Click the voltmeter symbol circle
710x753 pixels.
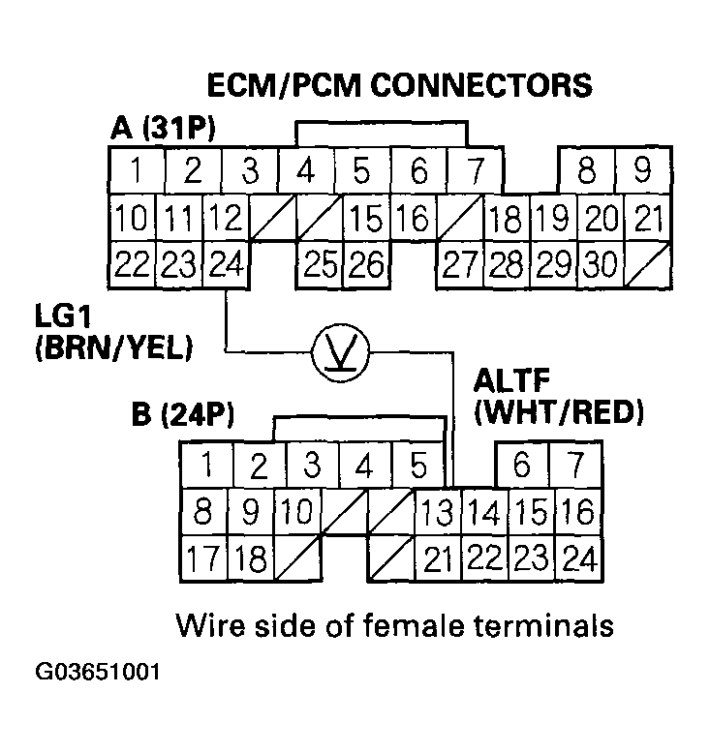pyautogui.click(x=339, y=351)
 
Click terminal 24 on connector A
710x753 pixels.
pyautogui.click(x=227, y=263)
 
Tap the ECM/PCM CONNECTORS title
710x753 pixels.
pyautogui.click(x=400, y=86)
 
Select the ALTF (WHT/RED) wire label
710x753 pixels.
pyautogui.click(x=558, y=398)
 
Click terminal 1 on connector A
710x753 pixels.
pyautogui.click(x=137, y=171)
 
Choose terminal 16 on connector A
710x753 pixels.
pyautogui.click(x=413, y=218)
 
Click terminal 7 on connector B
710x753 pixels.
pyautogui.click(x=575, y=466)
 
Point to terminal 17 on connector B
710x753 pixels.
pyautogui.click(x=202, y=558)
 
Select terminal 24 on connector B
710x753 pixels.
pyautogui.click(x=577, y=558)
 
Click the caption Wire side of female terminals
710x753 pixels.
pyautogui.click(x=394, y=625)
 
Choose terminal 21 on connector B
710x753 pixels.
pyautogui.click(x=438, y=558)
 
